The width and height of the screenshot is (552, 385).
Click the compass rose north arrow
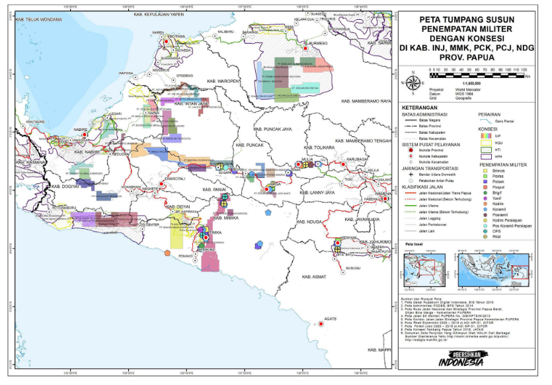point(414,83)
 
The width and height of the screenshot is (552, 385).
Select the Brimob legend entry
point(495,171)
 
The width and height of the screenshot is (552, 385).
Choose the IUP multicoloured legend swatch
point(484,135)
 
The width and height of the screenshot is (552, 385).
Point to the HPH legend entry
point(484,155)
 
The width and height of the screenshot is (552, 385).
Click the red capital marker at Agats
point(309,322)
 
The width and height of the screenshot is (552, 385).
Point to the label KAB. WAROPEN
point(221,81)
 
